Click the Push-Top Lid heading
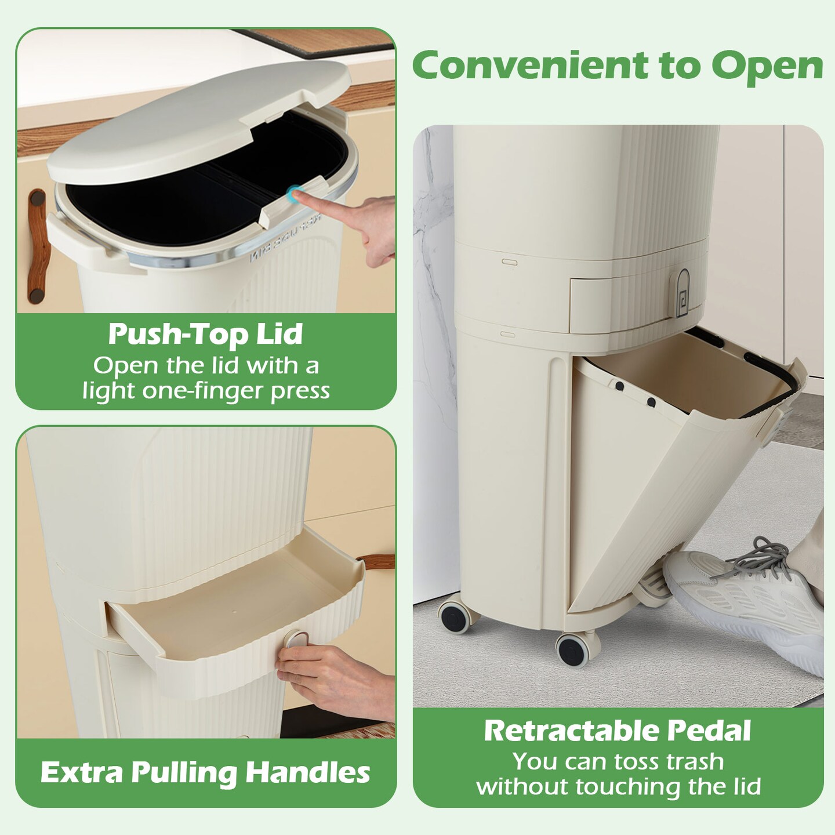coord(206,334)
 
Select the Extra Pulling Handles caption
coord(205,772)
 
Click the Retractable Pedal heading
coord(618,731)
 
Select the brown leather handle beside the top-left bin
coord(36,244)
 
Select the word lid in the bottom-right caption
coord(745,787)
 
